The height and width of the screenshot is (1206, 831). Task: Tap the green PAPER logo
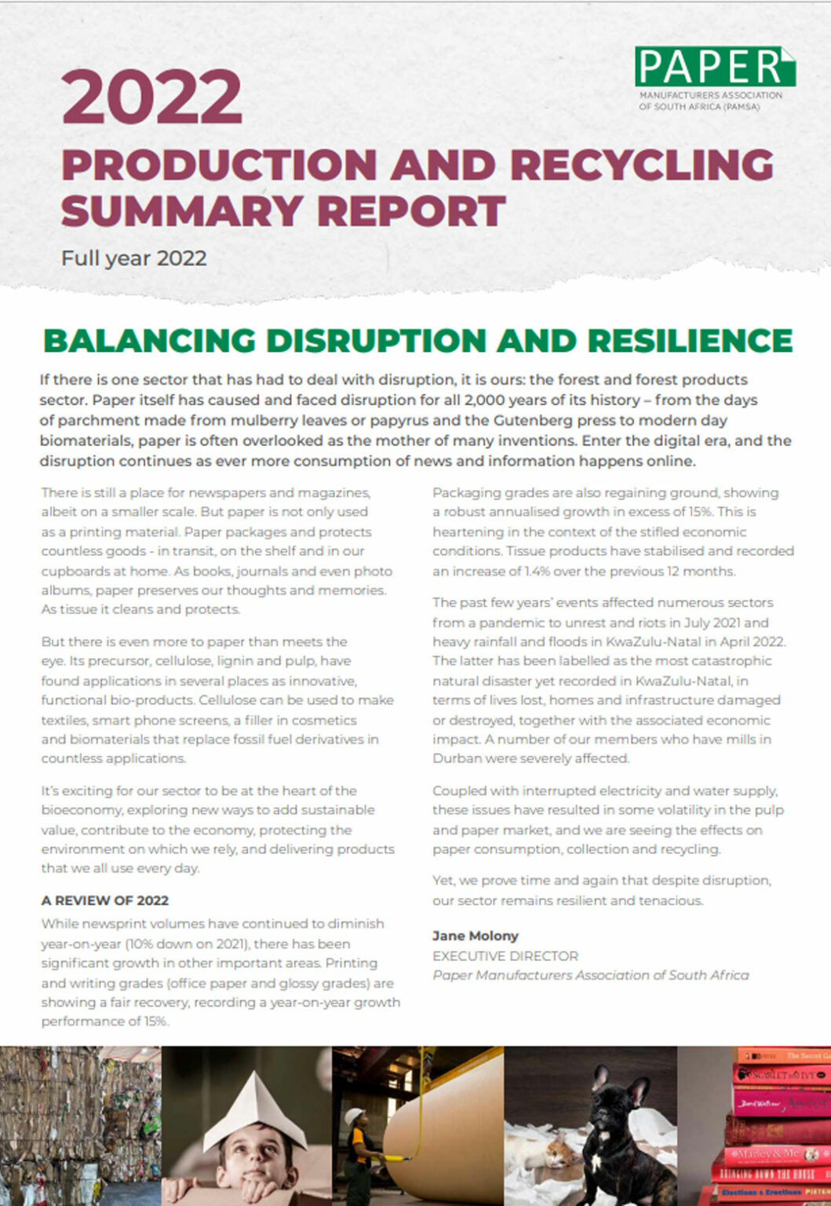click(x=714, y=68)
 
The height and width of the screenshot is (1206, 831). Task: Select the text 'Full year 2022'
click(x=134, y=258)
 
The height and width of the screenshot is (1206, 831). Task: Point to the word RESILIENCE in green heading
click(x=690, y=340)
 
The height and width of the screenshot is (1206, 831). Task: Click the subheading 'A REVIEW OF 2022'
click(x=105, y=901)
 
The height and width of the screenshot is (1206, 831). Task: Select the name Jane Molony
click(x=475, y=936)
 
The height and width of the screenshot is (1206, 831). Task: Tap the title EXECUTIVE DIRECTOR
click(x=505, y=956)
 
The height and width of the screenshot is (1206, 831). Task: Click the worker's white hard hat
click(x=357, y=1116)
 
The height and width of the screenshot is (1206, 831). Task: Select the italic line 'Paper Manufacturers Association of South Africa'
click(x=590, y=975)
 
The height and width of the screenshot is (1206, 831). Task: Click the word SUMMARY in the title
click(x=182, y=210)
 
